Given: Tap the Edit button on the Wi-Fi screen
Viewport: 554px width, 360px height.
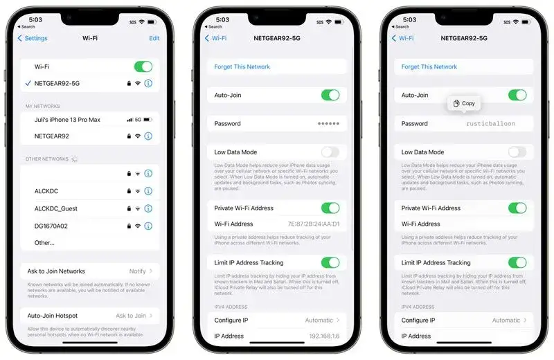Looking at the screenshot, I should point(154,38).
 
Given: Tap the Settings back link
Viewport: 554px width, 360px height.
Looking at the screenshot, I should point(33,38).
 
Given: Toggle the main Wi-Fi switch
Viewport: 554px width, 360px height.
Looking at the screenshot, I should point(143,66).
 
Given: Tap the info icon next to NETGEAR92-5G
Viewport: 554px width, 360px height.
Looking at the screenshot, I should point(148,83).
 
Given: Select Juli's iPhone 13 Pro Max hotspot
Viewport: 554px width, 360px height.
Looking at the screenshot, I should point(67,120).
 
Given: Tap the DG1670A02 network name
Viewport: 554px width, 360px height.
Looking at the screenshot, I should point(51,226).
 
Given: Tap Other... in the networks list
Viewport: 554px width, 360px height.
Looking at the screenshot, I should point(44,243).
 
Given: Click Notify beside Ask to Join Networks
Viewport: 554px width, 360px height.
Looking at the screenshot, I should point(137,271).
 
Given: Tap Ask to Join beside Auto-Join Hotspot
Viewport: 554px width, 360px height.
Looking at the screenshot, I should point(130,316).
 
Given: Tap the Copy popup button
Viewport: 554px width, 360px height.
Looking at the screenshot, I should point(464,103).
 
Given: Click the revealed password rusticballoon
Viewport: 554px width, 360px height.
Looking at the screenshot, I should point(490,124).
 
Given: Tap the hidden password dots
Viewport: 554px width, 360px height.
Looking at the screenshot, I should point(328,124).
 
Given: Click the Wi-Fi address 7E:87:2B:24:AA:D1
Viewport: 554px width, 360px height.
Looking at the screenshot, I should point(314,224).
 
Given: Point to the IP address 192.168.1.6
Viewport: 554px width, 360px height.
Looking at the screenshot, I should point(324,336).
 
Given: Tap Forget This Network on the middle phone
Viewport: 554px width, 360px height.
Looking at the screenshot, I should point(242,67).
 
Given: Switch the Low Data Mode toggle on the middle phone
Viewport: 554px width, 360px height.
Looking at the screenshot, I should point(330,152).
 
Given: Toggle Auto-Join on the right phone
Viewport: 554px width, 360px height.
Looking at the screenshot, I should point(517,95).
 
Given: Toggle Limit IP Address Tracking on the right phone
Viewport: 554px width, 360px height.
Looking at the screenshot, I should point(517,262).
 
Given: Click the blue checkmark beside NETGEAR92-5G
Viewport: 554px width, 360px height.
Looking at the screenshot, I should point(27,83).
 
